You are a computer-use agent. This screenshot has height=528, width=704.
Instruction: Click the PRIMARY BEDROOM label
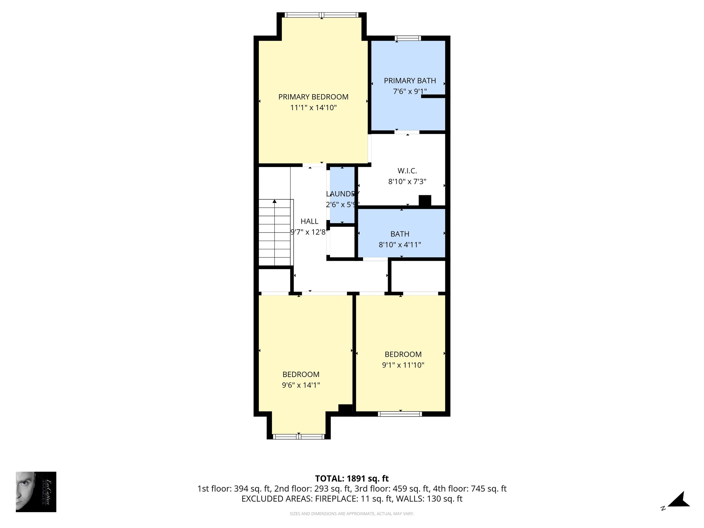click(x=313, y=97)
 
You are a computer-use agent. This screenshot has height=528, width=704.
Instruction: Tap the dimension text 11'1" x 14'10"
click(x=313, y=108)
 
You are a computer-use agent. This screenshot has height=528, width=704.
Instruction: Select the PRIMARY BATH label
click(x=410, y=81)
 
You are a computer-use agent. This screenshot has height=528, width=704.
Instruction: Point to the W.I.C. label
click(x=407, y=170)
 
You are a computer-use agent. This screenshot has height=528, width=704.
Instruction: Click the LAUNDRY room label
click(x=342, y=194)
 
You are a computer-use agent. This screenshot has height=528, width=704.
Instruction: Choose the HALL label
click(x=309, y=221)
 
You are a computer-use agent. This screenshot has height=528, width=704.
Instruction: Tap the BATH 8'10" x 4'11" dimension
click(x=400, y=245)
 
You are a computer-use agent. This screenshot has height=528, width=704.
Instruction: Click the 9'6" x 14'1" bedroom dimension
click(x=301, y=385)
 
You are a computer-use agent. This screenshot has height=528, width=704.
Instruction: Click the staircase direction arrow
click(x=274, y=201)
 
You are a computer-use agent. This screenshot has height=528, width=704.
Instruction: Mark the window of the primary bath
click(x=408, y=38)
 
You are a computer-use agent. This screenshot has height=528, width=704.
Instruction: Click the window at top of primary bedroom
click(x=322, y=15)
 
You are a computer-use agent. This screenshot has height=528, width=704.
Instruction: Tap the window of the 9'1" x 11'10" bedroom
click(x=400, y=414)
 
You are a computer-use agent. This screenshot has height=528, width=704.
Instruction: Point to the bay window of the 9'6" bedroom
click(x=298, y=437)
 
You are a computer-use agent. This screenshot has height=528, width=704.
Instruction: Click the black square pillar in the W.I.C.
click(x=425, y=201)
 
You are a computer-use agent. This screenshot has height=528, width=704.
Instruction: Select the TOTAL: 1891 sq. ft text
click(x=352, y=478)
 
